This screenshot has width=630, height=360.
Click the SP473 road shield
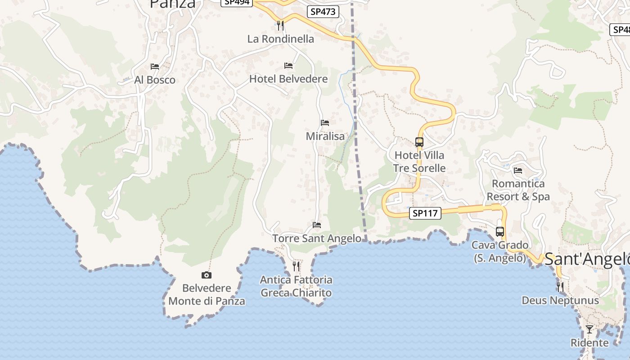tap(323, 12)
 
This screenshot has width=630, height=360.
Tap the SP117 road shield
tap(425, 213)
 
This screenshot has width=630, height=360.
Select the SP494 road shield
tap(237, 2)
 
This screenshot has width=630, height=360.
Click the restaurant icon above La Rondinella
tap(280, 25)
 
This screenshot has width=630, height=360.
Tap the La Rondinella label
tap(280, 39)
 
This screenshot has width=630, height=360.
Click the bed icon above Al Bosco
tap(155, 67)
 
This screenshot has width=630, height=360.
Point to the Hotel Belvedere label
tap(288, 79)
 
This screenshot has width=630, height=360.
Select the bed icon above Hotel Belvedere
tap(288, 66)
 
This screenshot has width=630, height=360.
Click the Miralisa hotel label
tap(325, 136)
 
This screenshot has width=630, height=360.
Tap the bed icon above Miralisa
tap(325, 123)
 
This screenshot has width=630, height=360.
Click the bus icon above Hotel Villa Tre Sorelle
tap(419, 142)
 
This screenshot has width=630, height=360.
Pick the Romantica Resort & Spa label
tap(518, 190)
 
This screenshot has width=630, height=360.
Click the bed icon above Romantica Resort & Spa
tap(518, 171)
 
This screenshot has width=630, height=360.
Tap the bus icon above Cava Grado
tap(500, 232)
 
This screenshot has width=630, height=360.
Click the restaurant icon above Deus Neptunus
tap(560, 287)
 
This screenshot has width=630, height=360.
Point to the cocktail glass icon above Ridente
tap(589, 329)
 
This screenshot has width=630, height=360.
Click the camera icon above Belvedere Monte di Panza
tap(206, 275)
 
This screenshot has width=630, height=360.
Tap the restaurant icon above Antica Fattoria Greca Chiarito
tap(296, 266)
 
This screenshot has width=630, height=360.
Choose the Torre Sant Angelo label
tap(317, 238)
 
